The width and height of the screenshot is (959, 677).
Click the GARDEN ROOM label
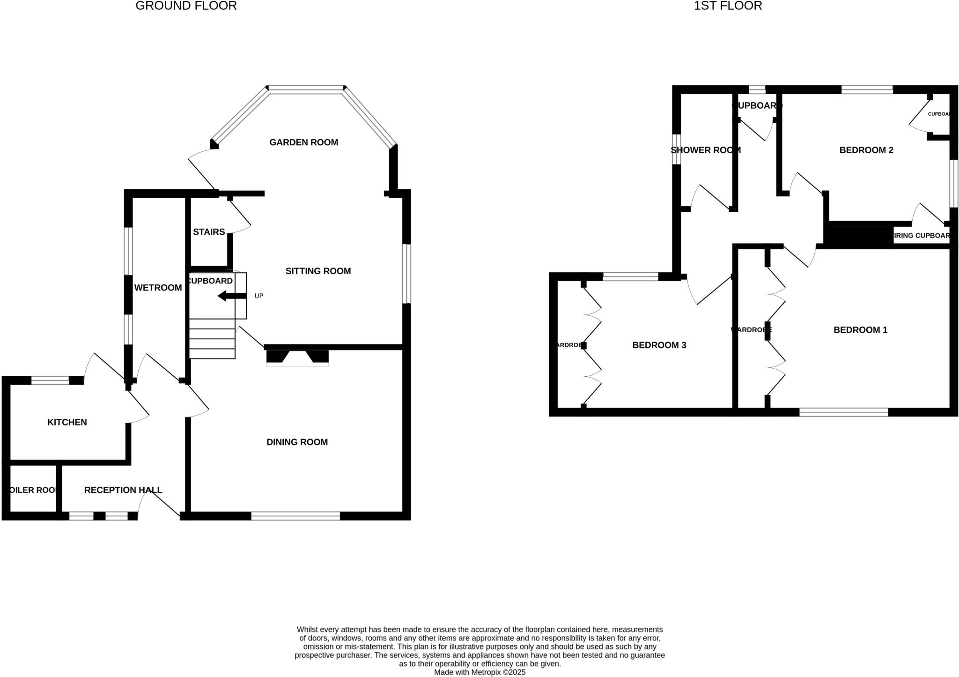pos(303,142)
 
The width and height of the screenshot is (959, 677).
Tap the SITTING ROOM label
pos(318,271)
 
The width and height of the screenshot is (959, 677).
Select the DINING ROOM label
pos(297,442)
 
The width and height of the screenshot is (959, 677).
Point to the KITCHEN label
pos(67,422)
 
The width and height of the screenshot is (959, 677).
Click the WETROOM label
pos(158,288)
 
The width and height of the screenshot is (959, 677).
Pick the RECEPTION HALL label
pos(123,490)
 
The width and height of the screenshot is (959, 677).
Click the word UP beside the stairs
pos(258,296)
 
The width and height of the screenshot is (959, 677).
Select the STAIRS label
pos(209,232)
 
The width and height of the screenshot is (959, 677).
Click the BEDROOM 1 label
pos(860,330)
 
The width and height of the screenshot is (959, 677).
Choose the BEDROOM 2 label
pos(866,150)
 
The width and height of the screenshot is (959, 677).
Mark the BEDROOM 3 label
pos(659,345)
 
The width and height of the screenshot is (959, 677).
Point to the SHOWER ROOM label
pos(705,150)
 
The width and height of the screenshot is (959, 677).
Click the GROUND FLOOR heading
pos(186,6)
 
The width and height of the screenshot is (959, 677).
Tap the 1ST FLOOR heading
pos(728,6)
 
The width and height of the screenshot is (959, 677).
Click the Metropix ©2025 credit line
pos(479,672)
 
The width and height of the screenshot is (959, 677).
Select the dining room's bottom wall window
pos(295,516)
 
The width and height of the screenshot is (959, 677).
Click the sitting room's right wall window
pos(407,274)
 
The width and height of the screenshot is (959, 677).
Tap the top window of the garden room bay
pos(306,88)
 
